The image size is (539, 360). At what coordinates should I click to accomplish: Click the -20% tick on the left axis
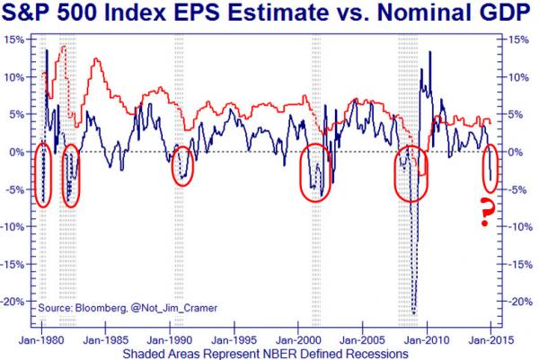point(13,302)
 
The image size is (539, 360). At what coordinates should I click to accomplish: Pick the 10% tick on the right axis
point(518,77)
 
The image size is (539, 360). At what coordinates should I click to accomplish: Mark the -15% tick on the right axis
point(518,264)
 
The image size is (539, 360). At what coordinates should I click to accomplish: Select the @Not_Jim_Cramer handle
point(167,309)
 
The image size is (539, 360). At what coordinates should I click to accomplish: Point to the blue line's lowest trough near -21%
point(414,312)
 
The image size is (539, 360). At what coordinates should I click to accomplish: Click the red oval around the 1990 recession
point(182,165)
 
